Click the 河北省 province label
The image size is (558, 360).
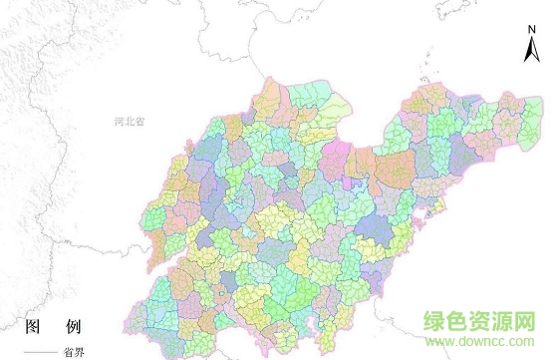pos(130,122)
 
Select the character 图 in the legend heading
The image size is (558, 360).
pos(31,328)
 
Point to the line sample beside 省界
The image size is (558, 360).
pos(39,353)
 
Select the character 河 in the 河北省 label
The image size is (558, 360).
pos(120,122)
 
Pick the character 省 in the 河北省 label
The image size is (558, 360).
pos(140,122)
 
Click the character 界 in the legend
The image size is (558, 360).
pos(79,352)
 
